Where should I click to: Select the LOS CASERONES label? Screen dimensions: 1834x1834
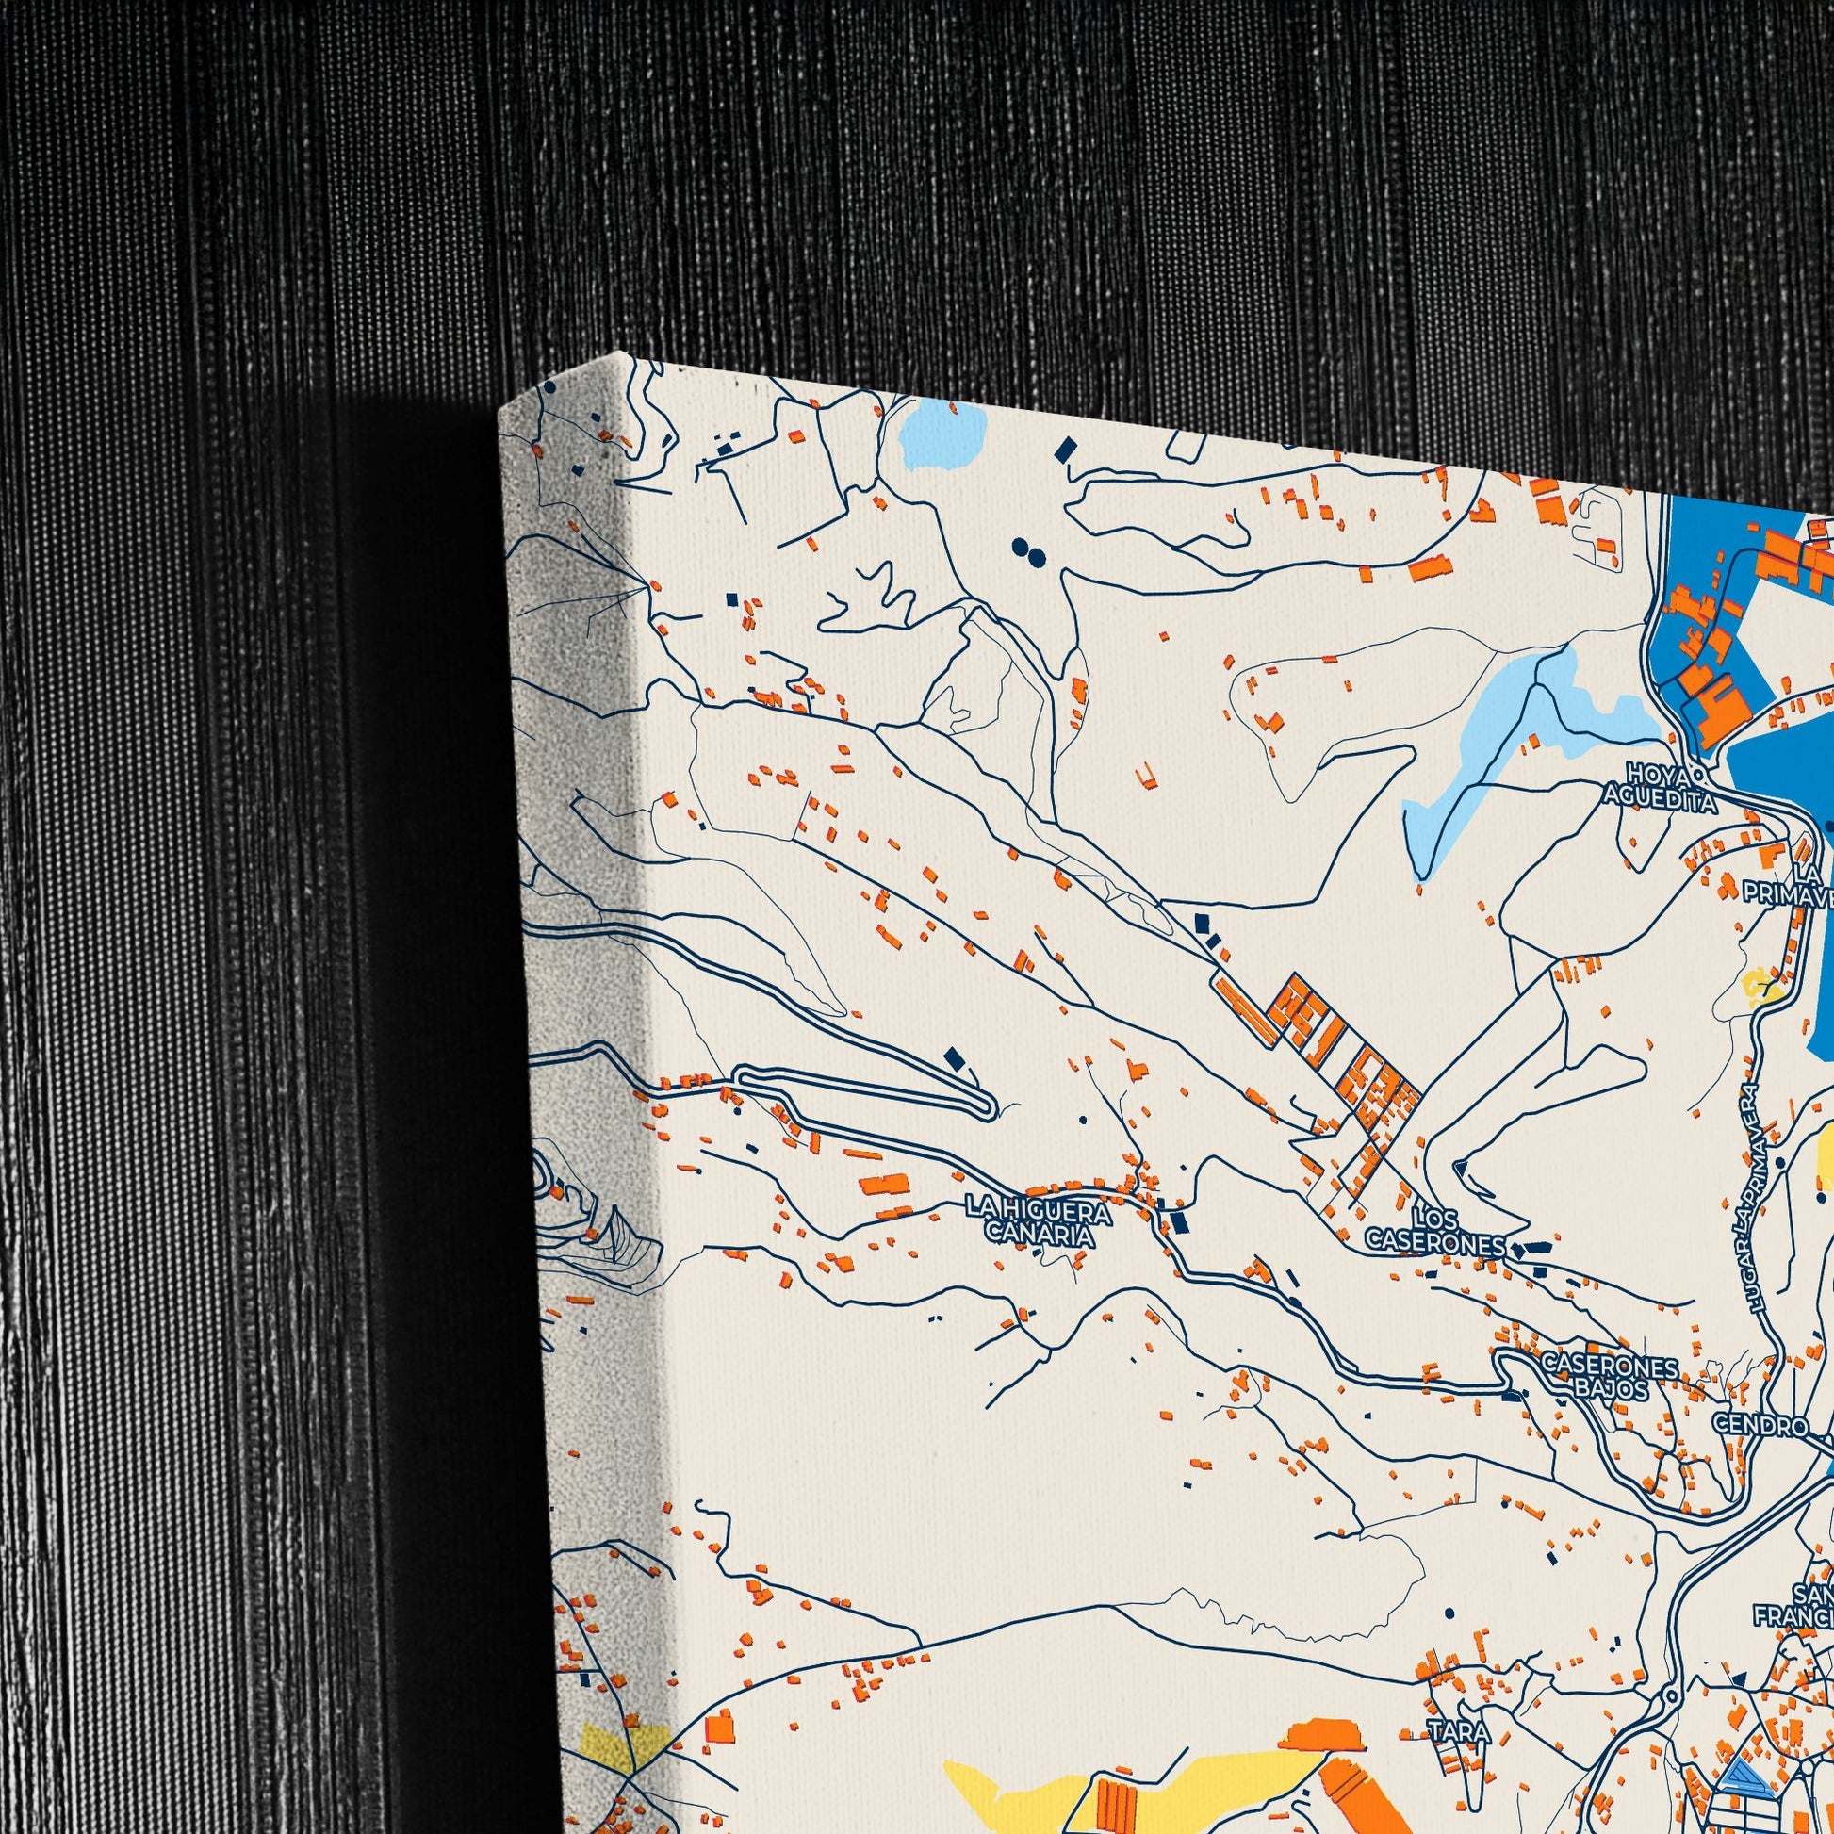click(1435, 1230)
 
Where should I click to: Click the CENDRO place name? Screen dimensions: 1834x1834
click(1759, 1426)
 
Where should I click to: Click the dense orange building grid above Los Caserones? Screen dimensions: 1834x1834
click(1329, 1063)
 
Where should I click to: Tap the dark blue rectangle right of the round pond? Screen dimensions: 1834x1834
click(1067, 448)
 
